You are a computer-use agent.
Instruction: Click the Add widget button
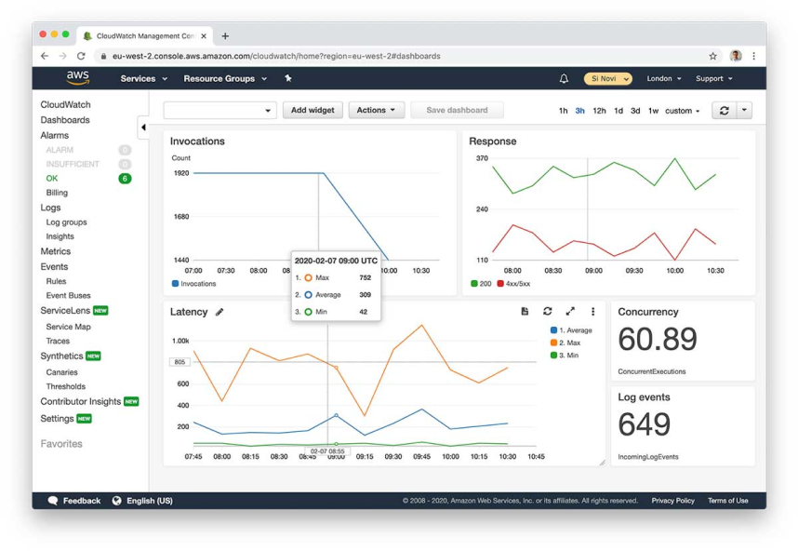[x=313, y=110]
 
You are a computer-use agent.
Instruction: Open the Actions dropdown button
[x=376, y=110]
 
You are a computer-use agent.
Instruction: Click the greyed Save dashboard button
[x=457, y=110]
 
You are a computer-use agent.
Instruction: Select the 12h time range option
[x=599, y=111]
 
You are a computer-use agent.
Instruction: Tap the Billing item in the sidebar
[x=57, y=193]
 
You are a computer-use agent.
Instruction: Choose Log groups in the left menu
[x=66, y=222]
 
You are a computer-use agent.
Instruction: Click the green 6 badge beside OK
[x=125, y=178]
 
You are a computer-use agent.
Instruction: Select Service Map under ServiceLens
[x=68, y=327]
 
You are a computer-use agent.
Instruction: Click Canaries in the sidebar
[x=61, y=372]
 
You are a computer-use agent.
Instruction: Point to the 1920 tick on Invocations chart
[x=180, y=173]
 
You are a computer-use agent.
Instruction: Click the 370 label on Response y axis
[x=482, y=158]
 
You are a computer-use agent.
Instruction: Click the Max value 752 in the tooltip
[x=365, y=277]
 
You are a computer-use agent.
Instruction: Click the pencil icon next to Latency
[x=219, y=312]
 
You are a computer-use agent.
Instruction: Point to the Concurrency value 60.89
[x=657, y=340]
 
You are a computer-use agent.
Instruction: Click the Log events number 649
[x=644, y=424]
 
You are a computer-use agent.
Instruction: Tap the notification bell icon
[x=564, y=79]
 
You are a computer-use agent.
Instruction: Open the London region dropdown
[x=664, y=79]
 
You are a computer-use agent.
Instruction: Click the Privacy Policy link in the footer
[x=672, y=501]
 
